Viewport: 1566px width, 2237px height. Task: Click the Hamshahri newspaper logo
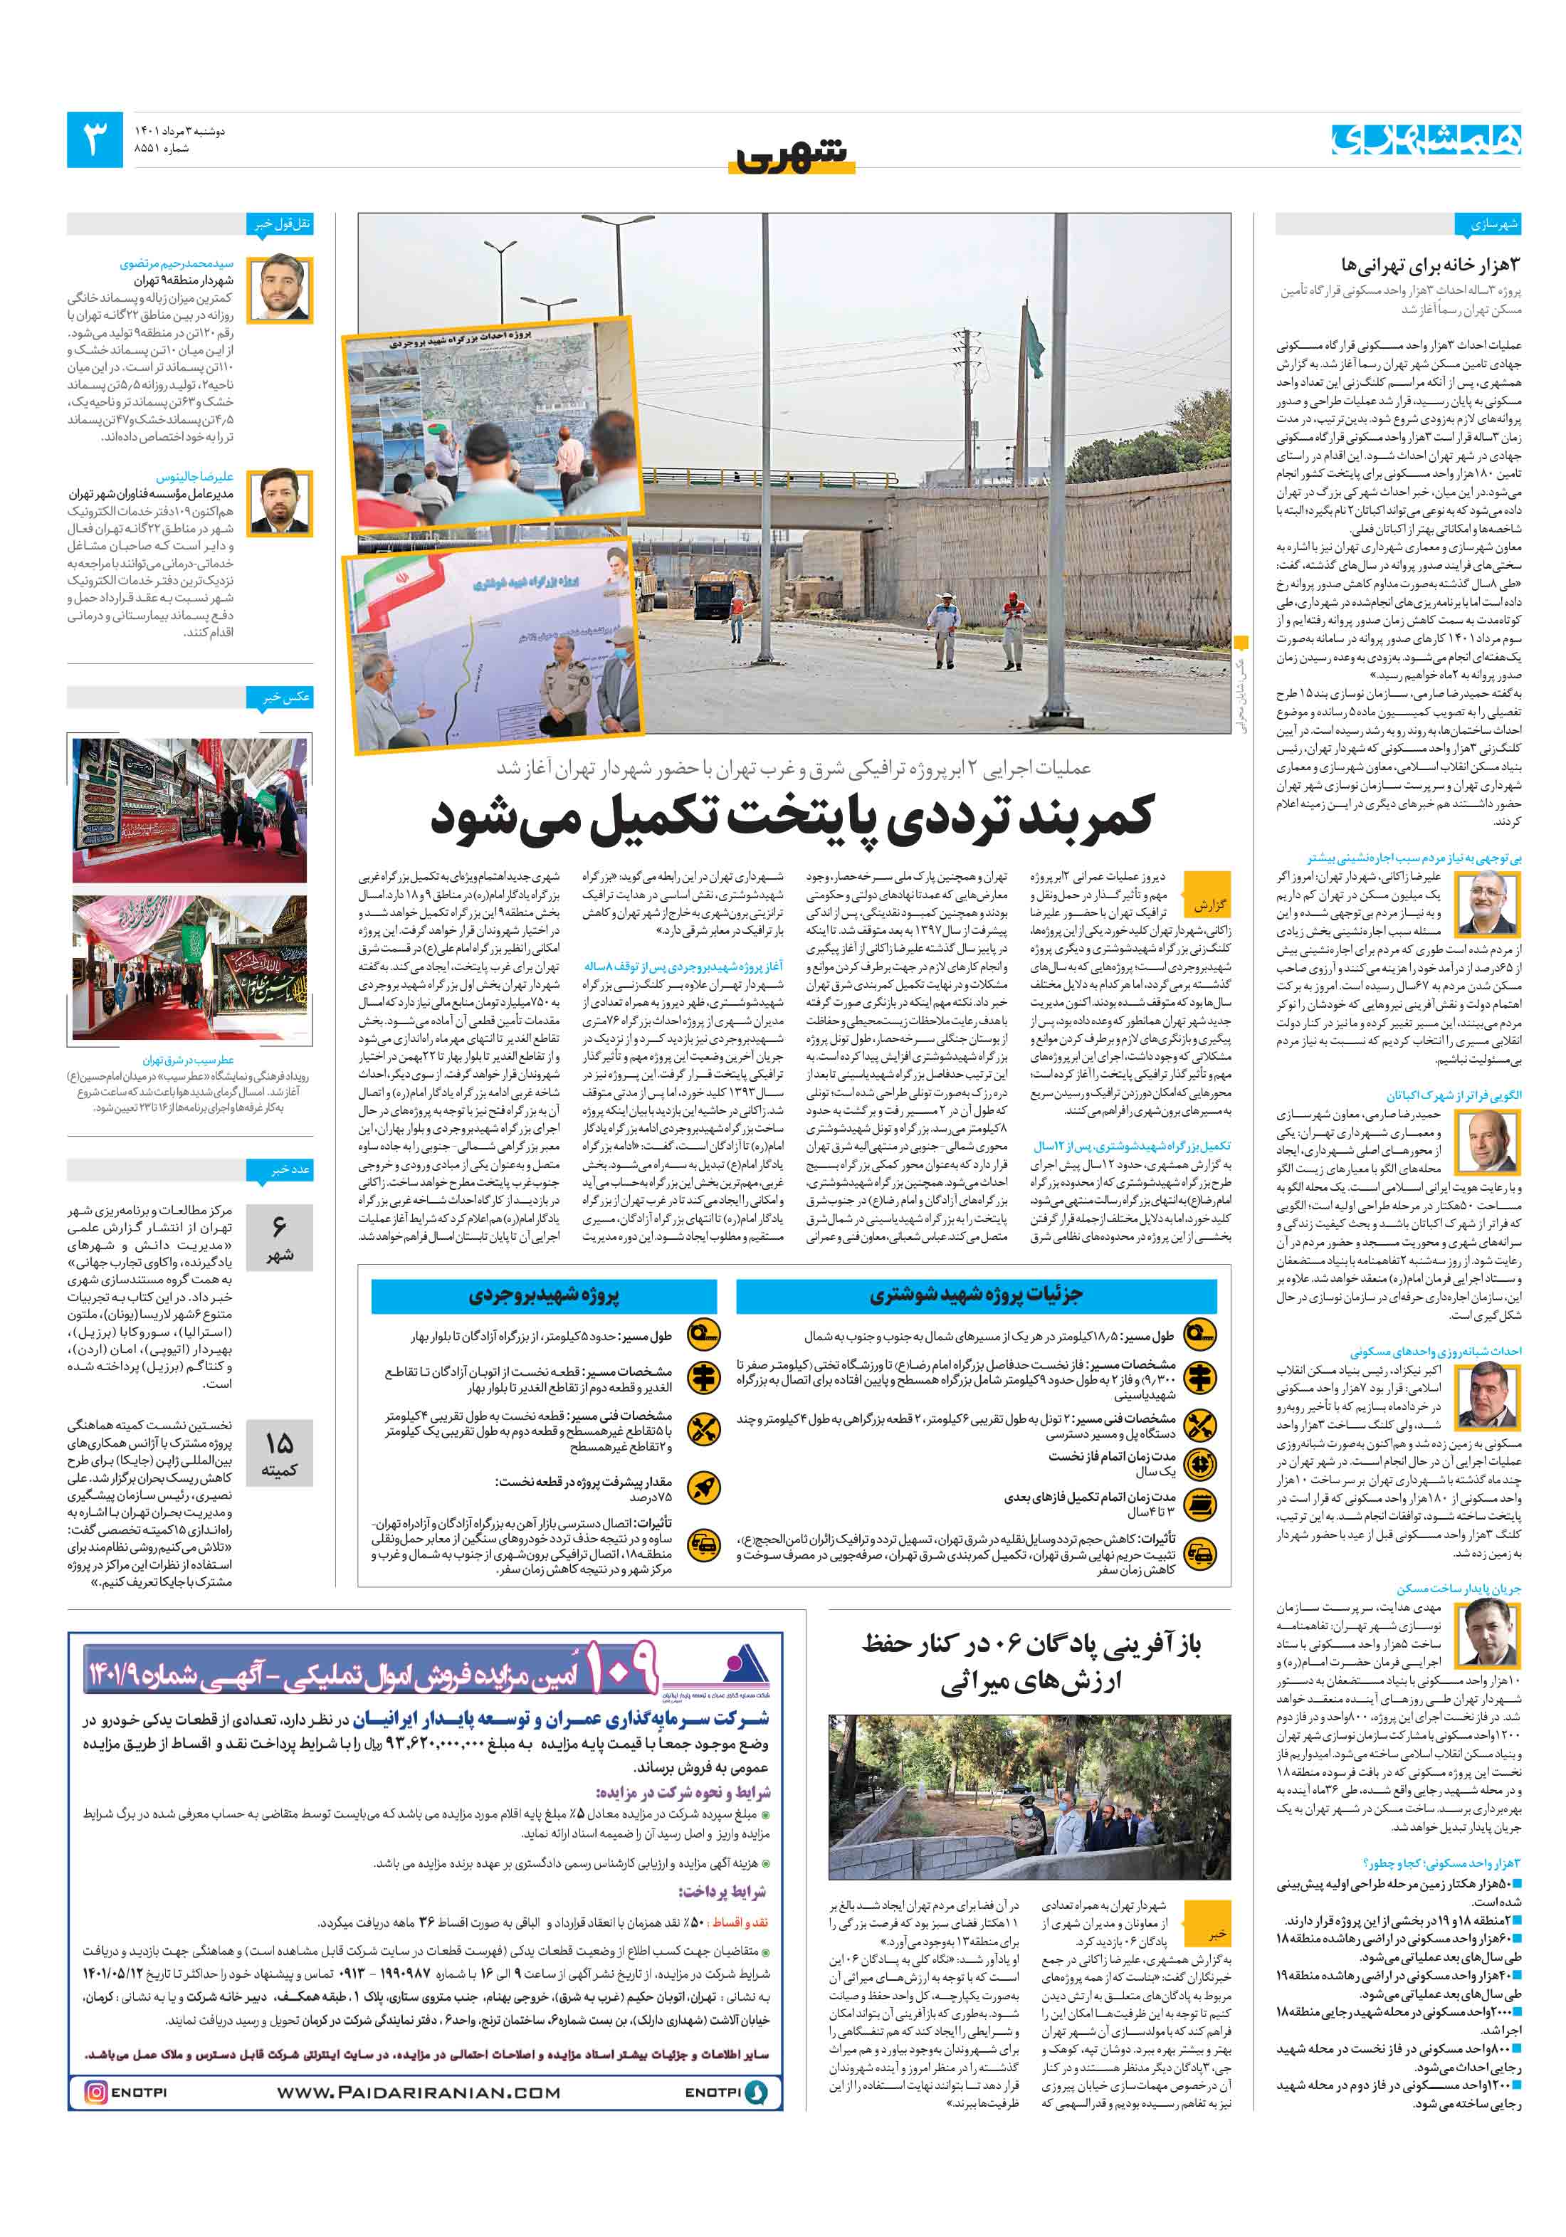[1426, 140]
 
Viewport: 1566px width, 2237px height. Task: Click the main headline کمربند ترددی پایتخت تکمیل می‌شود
[792, 816]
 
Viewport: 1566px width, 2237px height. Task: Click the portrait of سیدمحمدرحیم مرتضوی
[280, 290]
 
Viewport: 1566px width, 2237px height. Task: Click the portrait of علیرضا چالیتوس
[280, 502]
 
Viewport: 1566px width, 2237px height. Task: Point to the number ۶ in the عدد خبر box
[279, 1226]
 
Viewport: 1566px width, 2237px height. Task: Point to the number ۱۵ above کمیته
[279, 1443]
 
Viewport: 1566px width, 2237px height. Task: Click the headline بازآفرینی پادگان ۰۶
[1030, 1663]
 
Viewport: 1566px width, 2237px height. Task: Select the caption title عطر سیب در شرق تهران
[188, 1059]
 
